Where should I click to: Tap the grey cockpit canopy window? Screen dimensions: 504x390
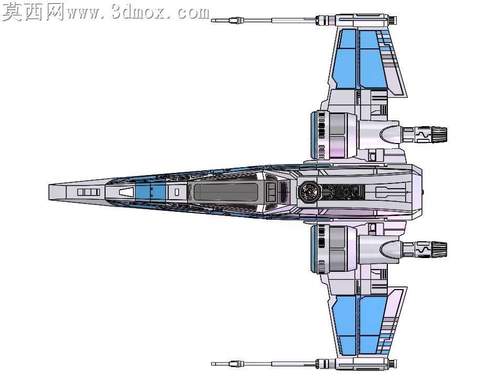point(225,192)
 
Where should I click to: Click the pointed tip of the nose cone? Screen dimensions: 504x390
point(49,192)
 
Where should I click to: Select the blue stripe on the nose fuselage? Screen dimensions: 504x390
point(150,192)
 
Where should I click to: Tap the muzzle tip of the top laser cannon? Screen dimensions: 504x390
point(212,20)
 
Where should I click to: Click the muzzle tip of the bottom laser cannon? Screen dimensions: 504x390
point(212,364)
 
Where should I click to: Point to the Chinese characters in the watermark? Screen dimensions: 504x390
point(33,12)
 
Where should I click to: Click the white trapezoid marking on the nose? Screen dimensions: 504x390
point(126,192)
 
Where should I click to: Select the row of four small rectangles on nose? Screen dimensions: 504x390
point(88,192)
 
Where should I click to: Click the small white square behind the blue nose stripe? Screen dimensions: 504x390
point(177,192)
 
